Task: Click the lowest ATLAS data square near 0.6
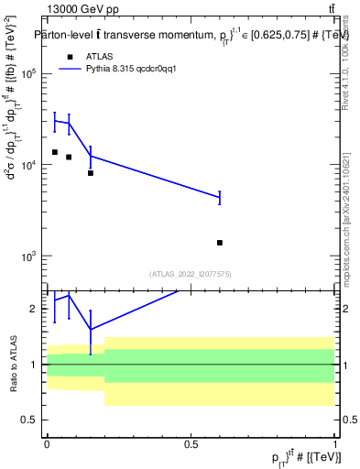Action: [x=220, y=243]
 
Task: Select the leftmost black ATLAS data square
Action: [x=55, y=152]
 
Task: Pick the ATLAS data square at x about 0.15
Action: [x=90, y=172]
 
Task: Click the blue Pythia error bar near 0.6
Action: [x=220, y=197]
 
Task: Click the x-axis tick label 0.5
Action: [x=191, y=442]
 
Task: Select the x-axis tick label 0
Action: [x=47, y=442]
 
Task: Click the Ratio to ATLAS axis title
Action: [x=13, y=364]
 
